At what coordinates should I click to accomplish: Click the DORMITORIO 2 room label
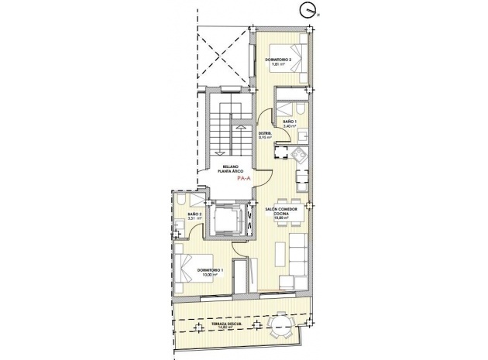[x=277, y=60]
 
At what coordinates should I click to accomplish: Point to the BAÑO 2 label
[x=194, y=214]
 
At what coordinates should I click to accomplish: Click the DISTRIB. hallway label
[x=265, y=134]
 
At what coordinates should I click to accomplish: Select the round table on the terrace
[x=280, y=327]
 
